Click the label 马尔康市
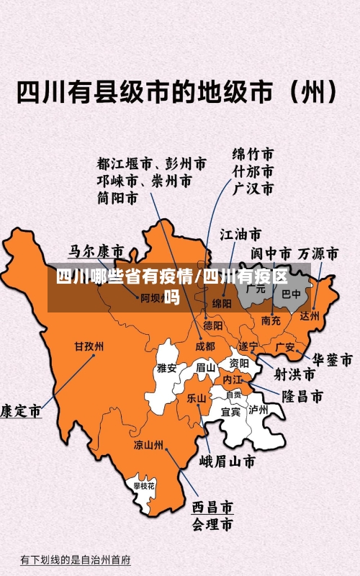click(96, 252)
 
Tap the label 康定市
click(20, 411)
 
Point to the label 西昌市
click(212, 507)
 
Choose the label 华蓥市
click(331, 359)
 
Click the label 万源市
click(318, 254)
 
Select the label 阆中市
click(271, 254)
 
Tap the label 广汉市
click(253, 189)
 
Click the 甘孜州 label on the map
click(89, 346)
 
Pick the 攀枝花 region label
click(143, 487)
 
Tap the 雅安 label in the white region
click(166, 368)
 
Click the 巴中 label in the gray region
click(292, 294)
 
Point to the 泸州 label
click(258, 410)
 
